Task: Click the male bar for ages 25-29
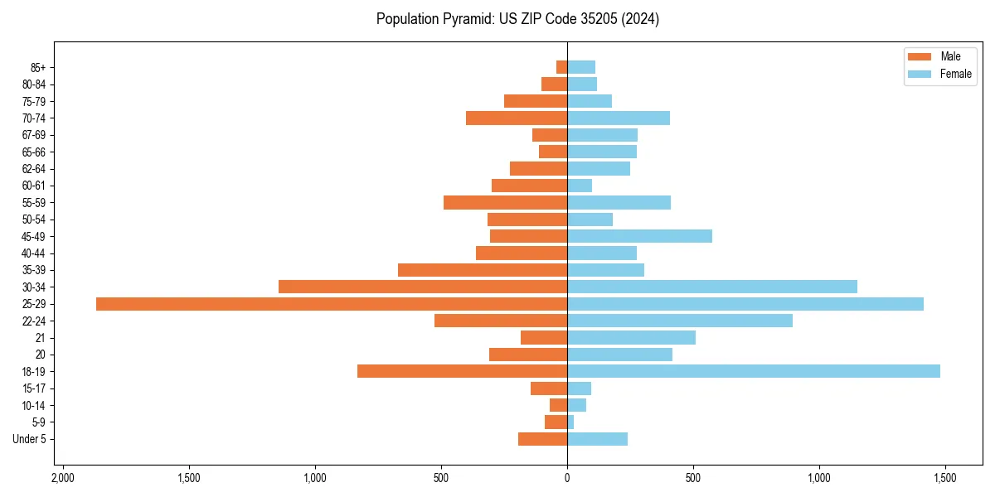[x=332, y=304]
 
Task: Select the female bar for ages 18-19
[x=753, y=371]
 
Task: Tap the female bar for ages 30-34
[x=711, y=287]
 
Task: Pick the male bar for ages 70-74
[x=517, y=118]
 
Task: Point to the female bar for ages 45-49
[x=639, y=236]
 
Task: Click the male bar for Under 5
[x=542, y=439]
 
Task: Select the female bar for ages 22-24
[x=679, y=321]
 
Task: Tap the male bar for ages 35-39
[x=483, y=270]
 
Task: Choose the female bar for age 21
[x=631, y=338]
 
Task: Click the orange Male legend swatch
[x=920, y=56]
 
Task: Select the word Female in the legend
[x=956, y=74]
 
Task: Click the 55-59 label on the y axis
[x=34, y=203]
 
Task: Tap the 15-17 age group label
[x=34, y=388]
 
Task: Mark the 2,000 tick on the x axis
[x=62, y=479]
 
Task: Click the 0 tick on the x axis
[x=567, y=479]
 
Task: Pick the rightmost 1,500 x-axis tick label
[x=944, y=479]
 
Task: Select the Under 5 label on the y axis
[x=29, y=439]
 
